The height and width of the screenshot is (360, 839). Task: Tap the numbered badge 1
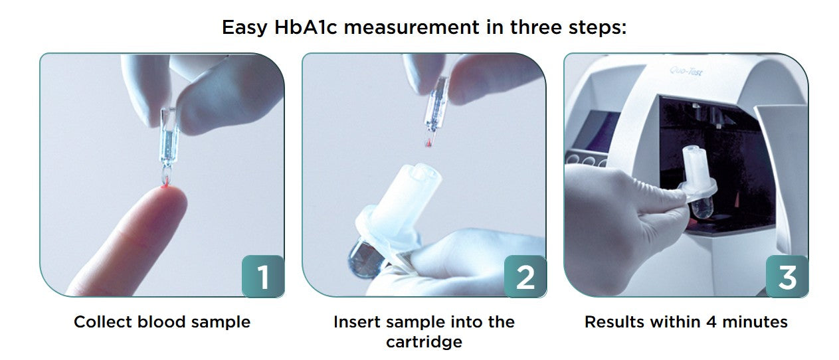[x=263, y=276]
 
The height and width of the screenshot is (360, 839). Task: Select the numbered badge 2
[x=525, y=276]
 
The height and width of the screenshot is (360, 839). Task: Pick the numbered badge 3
[x=787, y=276]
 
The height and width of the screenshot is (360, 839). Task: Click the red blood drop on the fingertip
[x=163, y=189]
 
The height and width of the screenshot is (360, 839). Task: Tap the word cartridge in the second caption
[x=424, y=343]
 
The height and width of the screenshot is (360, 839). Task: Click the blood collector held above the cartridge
[x=435, y=110]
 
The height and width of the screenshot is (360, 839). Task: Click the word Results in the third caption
[x=612, y=322]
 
